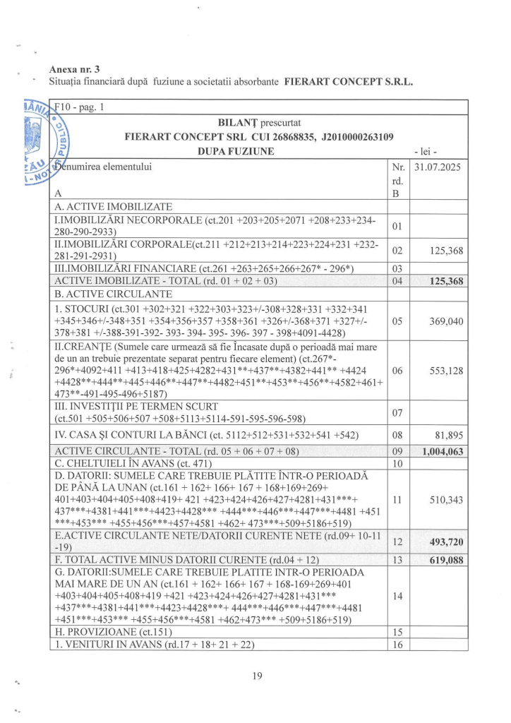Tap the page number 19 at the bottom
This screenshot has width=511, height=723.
click(258, 676)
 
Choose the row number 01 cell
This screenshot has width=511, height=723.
click(397, 226)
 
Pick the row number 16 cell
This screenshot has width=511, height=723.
click(397, 645)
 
